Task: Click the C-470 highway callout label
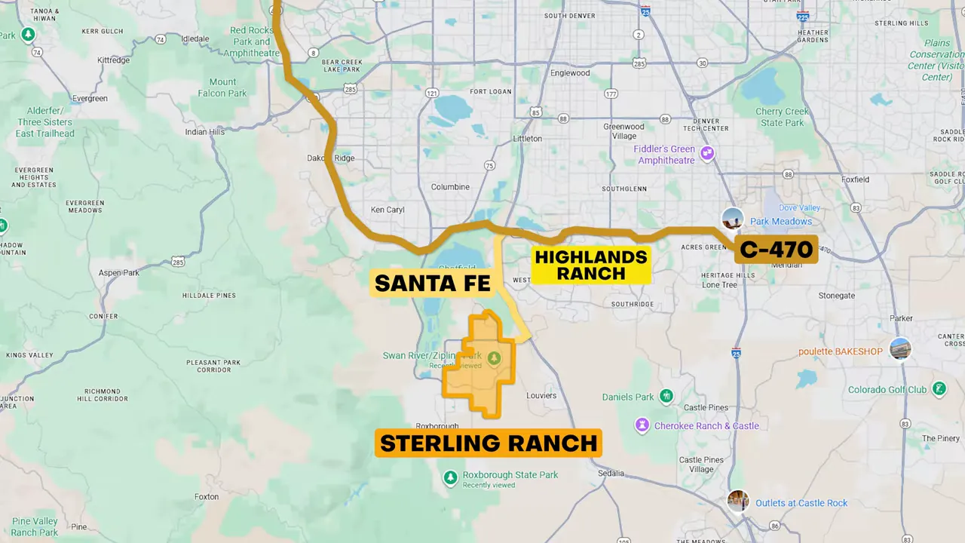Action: (777, 250)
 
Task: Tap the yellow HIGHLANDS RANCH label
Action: (591, 265)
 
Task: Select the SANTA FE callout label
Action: (433, 284)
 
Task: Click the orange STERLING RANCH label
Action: (489, 443)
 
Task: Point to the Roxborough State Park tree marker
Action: (450, 478)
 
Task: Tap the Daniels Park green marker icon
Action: (666, 396)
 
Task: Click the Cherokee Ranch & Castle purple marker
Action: (642, 425)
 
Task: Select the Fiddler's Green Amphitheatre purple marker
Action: (707, 154)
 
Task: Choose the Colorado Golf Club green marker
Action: (939, 389)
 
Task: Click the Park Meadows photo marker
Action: (732, 219)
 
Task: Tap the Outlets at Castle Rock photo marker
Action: (738, 501)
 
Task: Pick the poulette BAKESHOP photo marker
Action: (900, 349)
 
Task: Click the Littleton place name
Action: (527, 139)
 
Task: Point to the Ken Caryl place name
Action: (388, 210)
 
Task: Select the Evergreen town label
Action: (89, 99)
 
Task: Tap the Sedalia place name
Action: (611, 474)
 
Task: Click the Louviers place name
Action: (541, 395)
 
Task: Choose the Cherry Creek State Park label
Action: (782, 117)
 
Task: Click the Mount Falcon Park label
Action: (222, 87)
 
